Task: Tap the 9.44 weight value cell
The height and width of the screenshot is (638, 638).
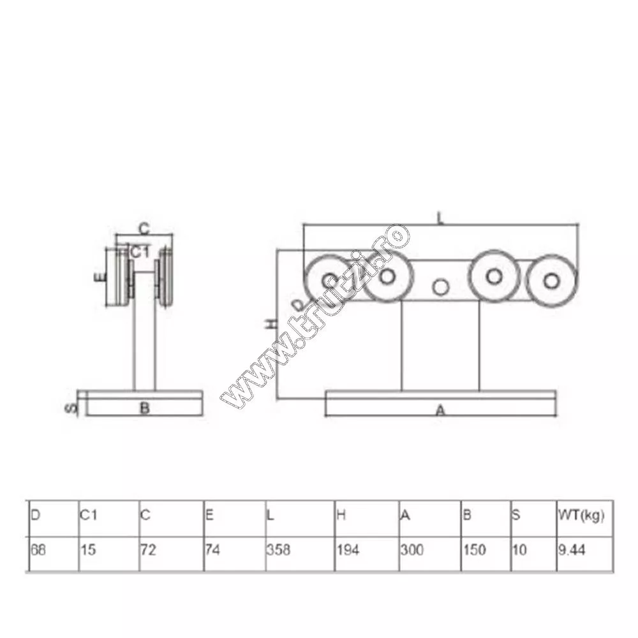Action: (570, 550)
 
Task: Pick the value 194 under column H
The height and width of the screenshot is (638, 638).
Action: (345, 550)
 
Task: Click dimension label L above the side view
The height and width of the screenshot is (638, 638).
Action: (440, 218)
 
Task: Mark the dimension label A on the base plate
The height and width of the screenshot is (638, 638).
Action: (440, 412)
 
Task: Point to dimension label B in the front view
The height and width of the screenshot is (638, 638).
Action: (145, 408)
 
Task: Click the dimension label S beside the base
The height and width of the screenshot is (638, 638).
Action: (72, 406)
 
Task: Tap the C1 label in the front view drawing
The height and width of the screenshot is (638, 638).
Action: (140, 252)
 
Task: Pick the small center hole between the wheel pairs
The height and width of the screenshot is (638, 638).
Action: (440, 287)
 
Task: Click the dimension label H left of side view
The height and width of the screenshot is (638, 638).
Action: (271, 323)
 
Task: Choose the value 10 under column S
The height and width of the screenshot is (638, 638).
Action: (520, 550)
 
